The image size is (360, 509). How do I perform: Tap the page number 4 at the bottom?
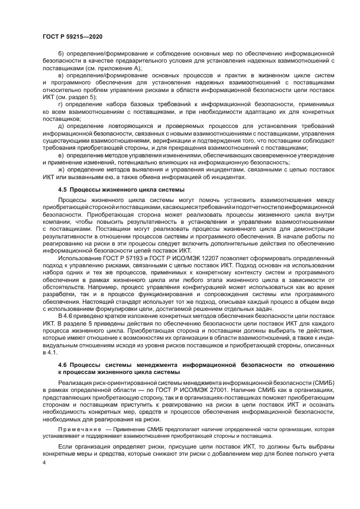pyautogui.click(x=44, y=462)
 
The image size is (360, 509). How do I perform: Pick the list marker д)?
pyautogui.click(x=60, y=126)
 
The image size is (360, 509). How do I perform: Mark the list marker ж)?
pyautogui.click(x=61, y=170)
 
